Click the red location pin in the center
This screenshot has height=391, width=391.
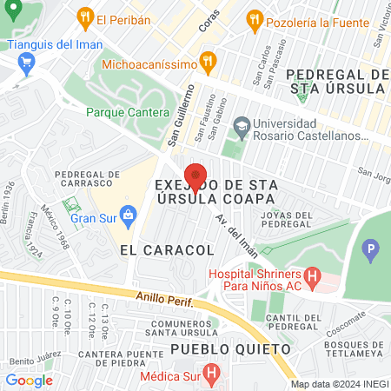click(195, 176)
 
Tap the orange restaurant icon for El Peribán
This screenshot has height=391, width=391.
click(84, 17)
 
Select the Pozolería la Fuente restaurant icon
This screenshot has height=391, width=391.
click(254, 18)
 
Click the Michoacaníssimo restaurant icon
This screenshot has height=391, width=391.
click(207, 61)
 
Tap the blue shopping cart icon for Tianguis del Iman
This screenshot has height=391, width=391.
click(25, 62)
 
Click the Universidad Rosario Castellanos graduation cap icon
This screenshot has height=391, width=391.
click(241, 129)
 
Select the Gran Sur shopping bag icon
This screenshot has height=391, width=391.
click(129, 214)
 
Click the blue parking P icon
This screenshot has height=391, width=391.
click(372, 253)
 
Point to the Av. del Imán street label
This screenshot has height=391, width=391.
click(237, 233)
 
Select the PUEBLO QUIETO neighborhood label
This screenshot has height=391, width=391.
click(229, 348)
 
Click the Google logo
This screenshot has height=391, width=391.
click(29, 380)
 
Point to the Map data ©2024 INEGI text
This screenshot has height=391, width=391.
click(337, 383)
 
